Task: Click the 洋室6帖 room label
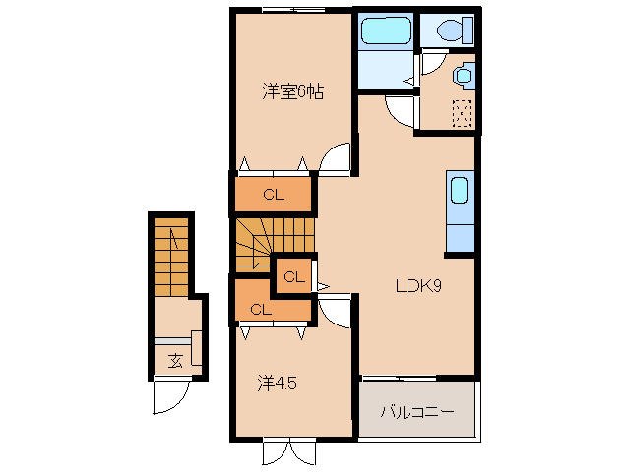click(292, 92)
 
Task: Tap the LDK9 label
click(418, 285)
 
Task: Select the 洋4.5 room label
click(277, 383)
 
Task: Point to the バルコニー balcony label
click(417, 412)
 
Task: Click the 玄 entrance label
click(175, 361)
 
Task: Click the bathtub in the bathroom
click(387, 30)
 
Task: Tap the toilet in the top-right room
click(456, 29)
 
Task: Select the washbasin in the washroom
click(464, 76)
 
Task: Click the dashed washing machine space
click(462, 114)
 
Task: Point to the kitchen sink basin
click(459, 191)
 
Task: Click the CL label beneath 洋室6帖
click(274, 195)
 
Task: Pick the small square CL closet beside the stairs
click(294, 276)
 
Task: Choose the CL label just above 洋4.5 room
click(261, 309)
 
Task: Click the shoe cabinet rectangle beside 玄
click(196, 348)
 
